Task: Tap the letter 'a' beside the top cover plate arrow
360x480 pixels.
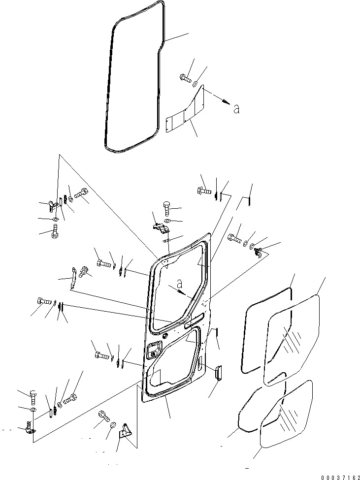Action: click(236, 109)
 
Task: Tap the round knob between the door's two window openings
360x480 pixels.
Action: click(168, 334)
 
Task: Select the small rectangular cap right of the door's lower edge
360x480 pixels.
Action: click(219, 372)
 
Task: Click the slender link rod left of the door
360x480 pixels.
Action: click(73, 278)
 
